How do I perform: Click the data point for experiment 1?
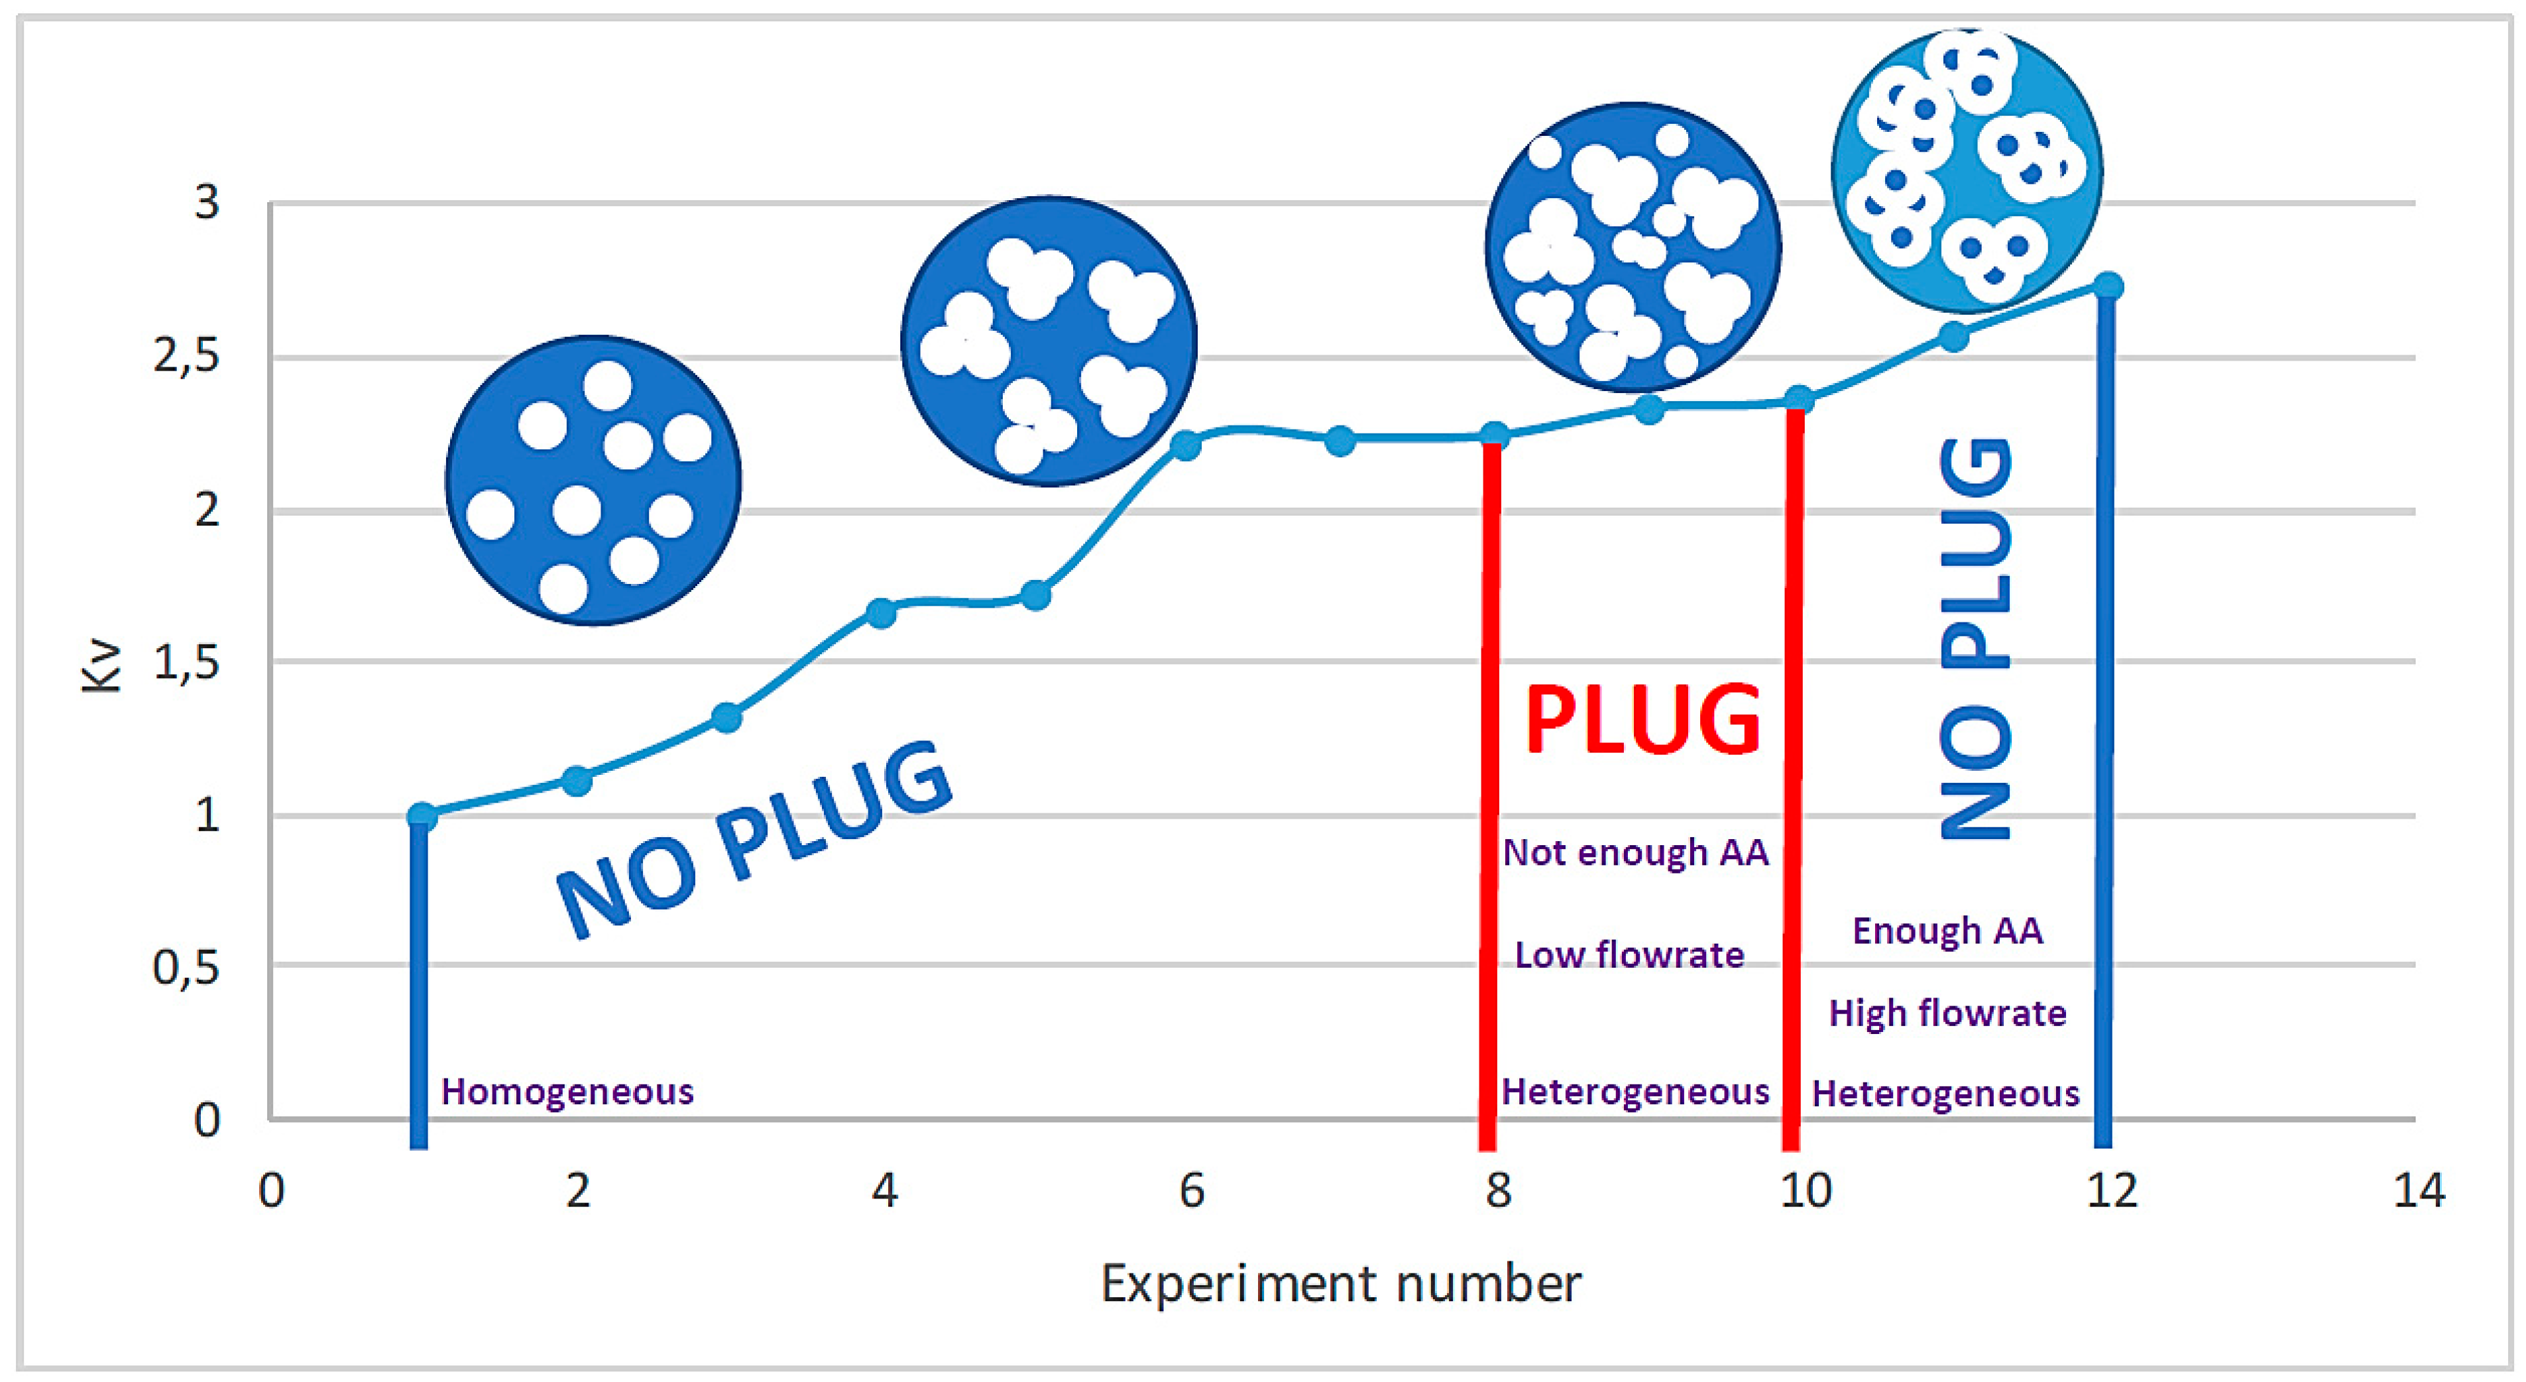coord(422,815)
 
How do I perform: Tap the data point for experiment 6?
coord(1186,445)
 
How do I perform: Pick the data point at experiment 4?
coord(881,613)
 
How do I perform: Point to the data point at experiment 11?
coord(1953,337)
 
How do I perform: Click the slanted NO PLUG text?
coord(753,838)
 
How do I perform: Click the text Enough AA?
coord(1947,930)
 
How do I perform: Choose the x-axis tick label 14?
coord(2418,1190)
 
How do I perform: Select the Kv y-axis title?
coord(100,666)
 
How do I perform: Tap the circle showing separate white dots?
coord(593,481)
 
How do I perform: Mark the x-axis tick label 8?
coord(1497,1190)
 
